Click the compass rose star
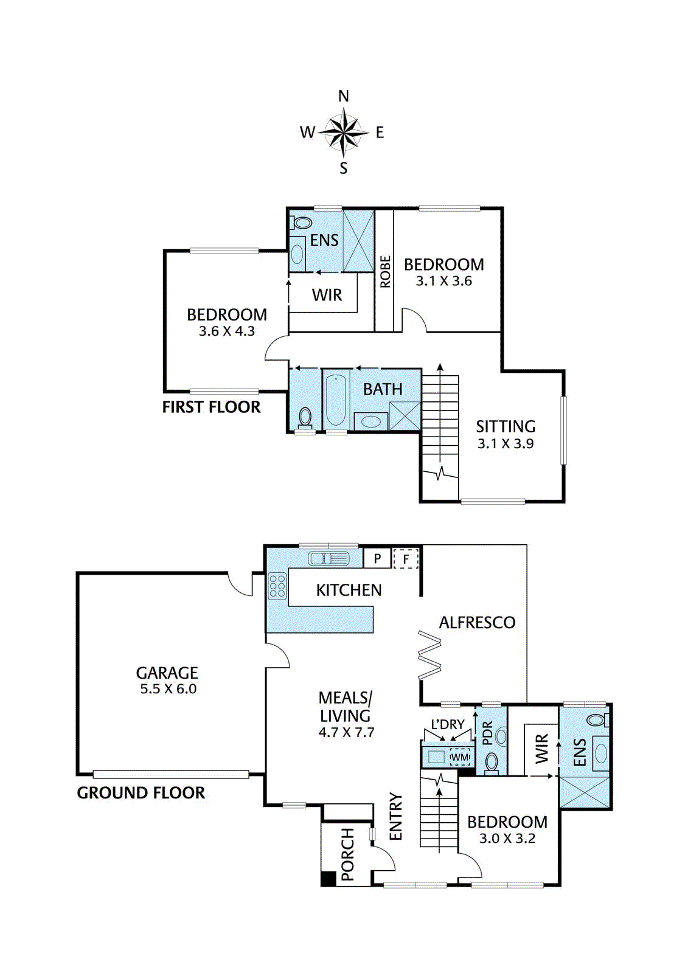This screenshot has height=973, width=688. click(x=344, y=131)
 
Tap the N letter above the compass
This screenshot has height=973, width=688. click(x=344, y=96)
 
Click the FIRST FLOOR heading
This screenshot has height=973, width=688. click(x=211, y=407)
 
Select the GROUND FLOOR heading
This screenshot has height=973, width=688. click(x=141, y=793)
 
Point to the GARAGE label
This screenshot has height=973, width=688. click(x=167, y=673)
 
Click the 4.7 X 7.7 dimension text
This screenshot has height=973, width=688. click(x=346, y=733)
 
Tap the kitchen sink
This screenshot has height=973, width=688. click(x=328, y=558)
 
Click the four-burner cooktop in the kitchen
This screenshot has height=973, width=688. click(x=277, y=586)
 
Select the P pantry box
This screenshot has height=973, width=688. click(x=377, y=558)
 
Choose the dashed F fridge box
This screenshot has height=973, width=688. click(x=406, y=558)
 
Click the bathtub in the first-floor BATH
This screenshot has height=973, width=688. click(x=335, y=400)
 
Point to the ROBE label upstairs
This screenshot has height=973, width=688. click(x=385, y=271)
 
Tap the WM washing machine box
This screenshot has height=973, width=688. click(x=460, y=757)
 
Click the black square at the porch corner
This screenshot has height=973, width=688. click(x=328, y=879)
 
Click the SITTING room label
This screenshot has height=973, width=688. click(x=505, y=426)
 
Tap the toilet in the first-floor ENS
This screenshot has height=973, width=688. click(x=302, y=222)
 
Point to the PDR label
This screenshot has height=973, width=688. click(x=487, y=733)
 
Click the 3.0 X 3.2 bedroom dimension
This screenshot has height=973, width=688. click(x=507, y=839)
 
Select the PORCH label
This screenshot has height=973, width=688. click(x=347, y=853)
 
